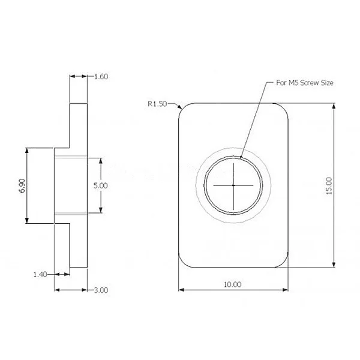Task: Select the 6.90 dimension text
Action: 22,185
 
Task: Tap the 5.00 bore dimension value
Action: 100,186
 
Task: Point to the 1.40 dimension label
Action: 40,274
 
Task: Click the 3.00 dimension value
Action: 101,290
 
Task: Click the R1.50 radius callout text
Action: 158,103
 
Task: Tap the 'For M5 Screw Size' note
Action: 304,83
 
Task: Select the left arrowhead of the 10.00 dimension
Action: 182,290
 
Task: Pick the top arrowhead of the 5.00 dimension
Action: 101,161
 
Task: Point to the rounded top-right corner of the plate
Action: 284,107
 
